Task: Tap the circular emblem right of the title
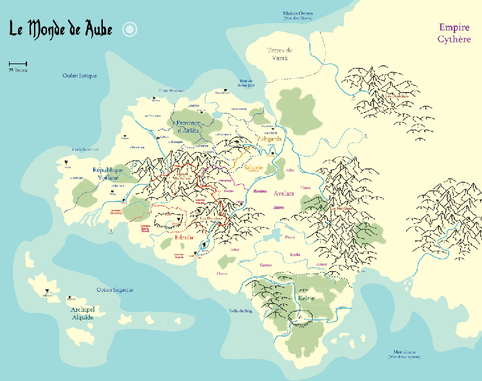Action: click(x=130, y=29)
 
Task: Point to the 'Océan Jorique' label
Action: click(x=80, y=76)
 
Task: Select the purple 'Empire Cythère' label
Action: click(x=454, y=33)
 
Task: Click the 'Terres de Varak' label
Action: click(x=280, y=54)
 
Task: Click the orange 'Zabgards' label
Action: click(x=269, y=139)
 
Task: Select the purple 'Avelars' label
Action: click(x=282, y=192)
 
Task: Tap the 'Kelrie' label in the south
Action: click(x=307, y=298)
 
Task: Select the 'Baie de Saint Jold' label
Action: click(x=246, y=82)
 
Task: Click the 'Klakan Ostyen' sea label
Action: click(x=297, y=15)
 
